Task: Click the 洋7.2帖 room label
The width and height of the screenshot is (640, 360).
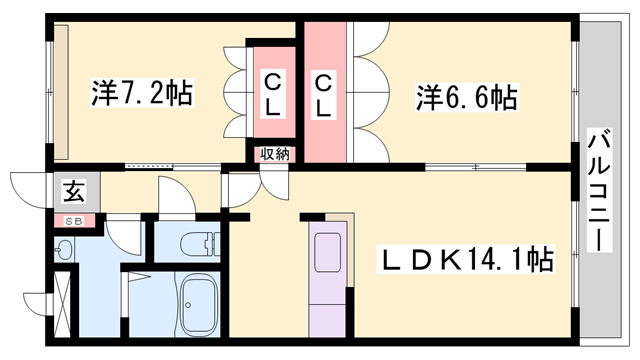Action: pyautogui.click(x=144, y=93)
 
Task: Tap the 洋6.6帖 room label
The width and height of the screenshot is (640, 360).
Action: pyautogui.click(x=466, y=97)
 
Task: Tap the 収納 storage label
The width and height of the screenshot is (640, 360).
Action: pyautogui.click(x=275, y=154)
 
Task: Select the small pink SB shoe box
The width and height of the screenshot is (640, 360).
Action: pyautogui.click(x=74, y=221)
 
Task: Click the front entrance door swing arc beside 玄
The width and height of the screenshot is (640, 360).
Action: pyautogui.click(x=26, y=187)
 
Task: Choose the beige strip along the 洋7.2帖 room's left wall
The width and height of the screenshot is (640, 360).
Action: pyautogui.click(x=61, y=91)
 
